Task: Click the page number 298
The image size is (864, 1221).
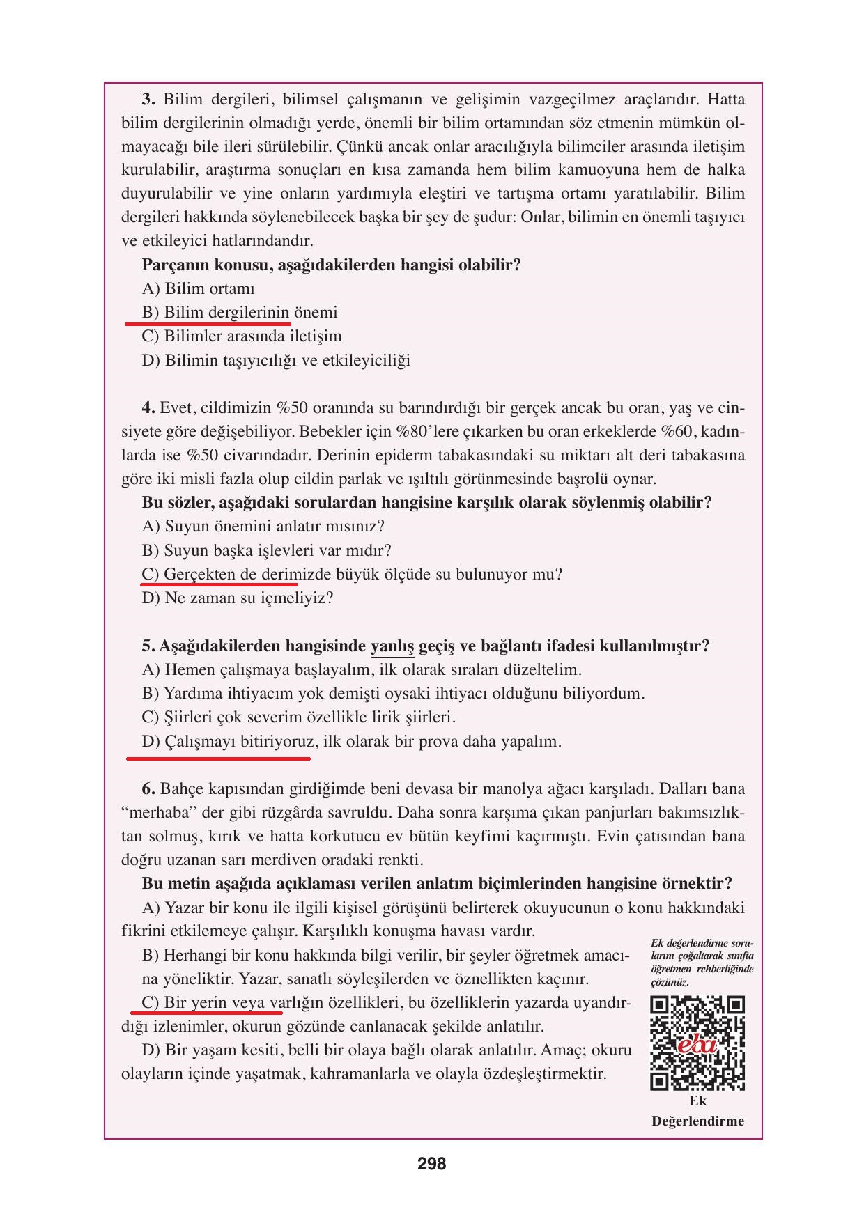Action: point(431,1163)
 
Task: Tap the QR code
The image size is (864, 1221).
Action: point(697,1043)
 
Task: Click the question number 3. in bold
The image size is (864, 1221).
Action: point(148,99)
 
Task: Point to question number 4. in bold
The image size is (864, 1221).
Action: point(148,407)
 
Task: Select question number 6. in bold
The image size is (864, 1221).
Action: point(148,788)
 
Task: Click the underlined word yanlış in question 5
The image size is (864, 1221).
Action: point(392,646)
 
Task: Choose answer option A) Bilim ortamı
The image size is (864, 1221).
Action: point(198,288)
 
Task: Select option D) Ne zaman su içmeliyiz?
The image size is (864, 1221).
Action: point(238,598)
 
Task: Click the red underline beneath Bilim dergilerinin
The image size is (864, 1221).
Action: point(208,324)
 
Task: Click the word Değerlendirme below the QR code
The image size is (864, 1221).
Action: point(697,1121)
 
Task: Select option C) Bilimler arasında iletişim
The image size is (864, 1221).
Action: point(242,336)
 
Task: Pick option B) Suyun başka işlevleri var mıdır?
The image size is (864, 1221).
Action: point(266,550)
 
